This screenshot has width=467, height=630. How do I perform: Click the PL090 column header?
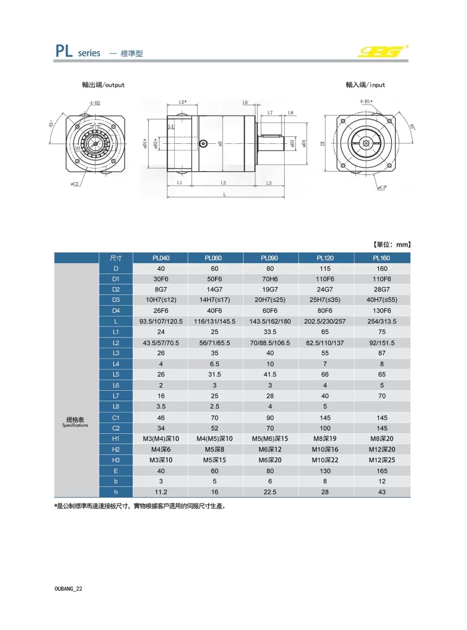click(x=271, y=258)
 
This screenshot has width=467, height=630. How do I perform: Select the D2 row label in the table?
click(x=115, y=289)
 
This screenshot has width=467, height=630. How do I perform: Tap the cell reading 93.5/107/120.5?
click(x=161, y=322)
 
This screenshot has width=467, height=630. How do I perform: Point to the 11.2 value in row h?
click(x=161, y=492)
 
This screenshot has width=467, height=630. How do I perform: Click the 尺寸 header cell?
click(x=115, y=258)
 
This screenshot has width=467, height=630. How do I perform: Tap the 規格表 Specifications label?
click(x=76, y=421)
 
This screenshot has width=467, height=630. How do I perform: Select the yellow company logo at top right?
click(x=383, y=51)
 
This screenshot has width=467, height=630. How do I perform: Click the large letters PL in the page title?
click(x=65, y=51)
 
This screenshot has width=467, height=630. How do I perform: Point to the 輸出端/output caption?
click(x=103, y=85)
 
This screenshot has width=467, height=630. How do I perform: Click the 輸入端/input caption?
click(x=365, y=85)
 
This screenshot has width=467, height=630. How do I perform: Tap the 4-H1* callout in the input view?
click(x=366, y=102)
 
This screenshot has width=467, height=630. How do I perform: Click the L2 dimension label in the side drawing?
click(x=223, y=183)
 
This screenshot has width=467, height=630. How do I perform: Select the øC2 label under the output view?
click(x=75, y=184)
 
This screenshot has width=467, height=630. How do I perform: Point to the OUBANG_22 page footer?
click(x=69, y=589)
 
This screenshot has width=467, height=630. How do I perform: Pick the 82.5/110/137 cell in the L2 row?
click(x=326, y=343)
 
